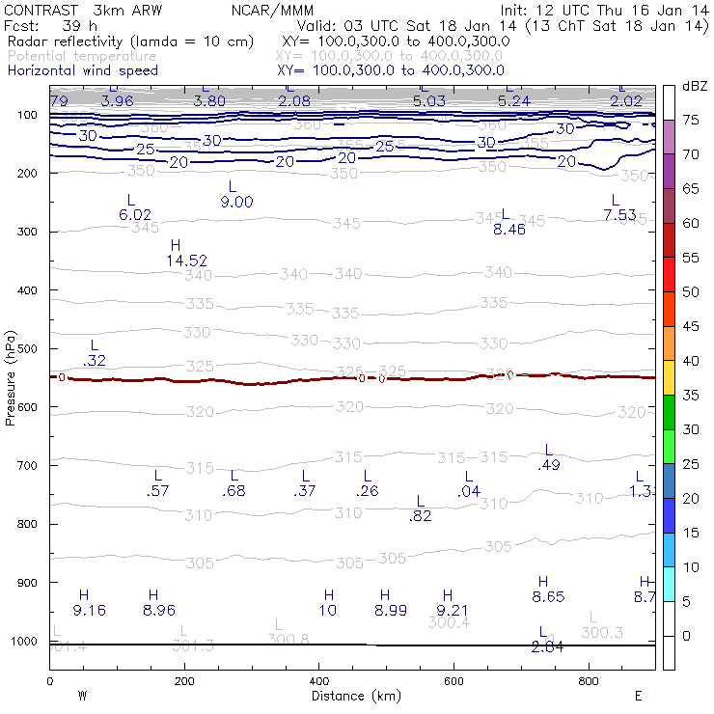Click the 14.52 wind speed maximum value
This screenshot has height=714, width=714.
[186, 261]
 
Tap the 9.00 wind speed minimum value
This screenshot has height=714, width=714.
[236, 202]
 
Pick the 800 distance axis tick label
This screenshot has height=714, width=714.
[589, 682]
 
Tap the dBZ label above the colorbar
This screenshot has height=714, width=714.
[694, 87]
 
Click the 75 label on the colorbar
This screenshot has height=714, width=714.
[691, 121]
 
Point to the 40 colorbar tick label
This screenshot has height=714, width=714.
[691, 360]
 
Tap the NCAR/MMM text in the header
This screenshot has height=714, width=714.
[273, 11]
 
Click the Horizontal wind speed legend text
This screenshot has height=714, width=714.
[82, 70]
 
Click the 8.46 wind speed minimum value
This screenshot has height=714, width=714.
[508, 229]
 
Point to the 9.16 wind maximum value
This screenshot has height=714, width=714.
[89, 610]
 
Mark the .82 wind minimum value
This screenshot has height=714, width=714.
[420, 516]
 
